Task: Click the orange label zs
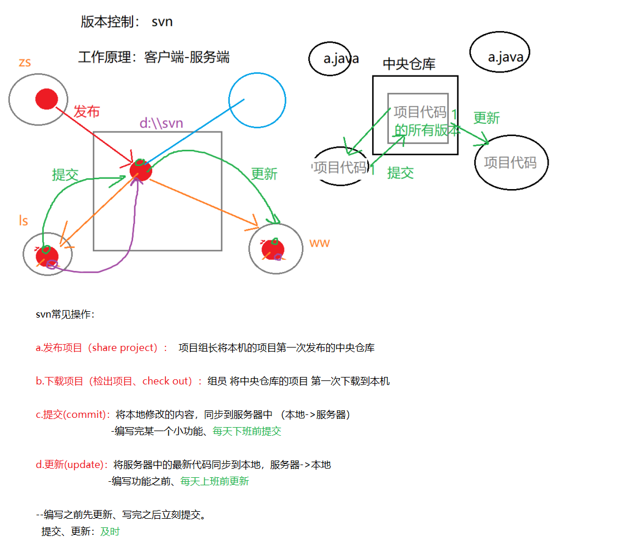[24, 62]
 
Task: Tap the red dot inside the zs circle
[47, 99]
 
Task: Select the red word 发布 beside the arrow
[86, 111]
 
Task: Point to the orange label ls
[23, 221]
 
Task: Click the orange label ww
[319, 243]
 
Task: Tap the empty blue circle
[257, 100]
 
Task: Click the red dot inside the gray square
[141, 170]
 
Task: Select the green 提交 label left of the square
[65, 175]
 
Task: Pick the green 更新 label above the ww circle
[264, 173]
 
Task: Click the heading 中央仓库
[409, 64]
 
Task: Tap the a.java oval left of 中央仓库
[330, 59]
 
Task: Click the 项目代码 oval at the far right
[511, 162]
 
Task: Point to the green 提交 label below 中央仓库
[400, 172]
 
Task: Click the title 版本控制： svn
[126, 22]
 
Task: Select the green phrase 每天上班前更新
[214, 481]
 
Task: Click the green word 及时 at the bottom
[110, 531]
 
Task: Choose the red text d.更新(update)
[72, 465]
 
